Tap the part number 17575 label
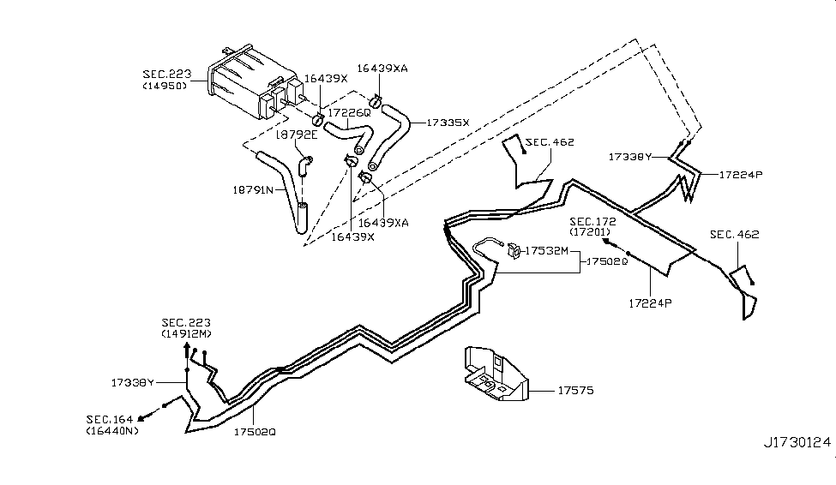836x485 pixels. tap(575, 391)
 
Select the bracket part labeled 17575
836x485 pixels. tap(496, 374)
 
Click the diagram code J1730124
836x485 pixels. tap(797, 442)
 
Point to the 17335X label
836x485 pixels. tap(448, 123)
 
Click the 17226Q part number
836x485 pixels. tap(349, 113)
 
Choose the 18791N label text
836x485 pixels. tap(253, 189)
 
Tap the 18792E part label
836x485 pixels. tap(297, 135)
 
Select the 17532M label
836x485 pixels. tap(546, 250)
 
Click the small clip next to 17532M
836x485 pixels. tap(514, 250)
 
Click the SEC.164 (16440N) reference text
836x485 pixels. tap(112, 425)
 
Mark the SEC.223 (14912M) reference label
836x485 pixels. tap(186, 328)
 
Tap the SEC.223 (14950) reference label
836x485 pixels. tap(166, 80)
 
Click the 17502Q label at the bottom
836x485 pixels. tap(255, 432)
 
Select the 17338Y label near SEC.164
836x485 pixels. tap(132, 383)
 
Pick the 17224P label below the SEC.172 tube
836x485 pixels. tap(651, 303)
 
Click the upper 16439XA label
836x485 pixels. tap(382, 69)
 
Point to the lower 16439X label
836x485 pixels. tap(352, 237)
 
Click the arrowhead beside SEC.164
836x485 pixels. tap(143, 418)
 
